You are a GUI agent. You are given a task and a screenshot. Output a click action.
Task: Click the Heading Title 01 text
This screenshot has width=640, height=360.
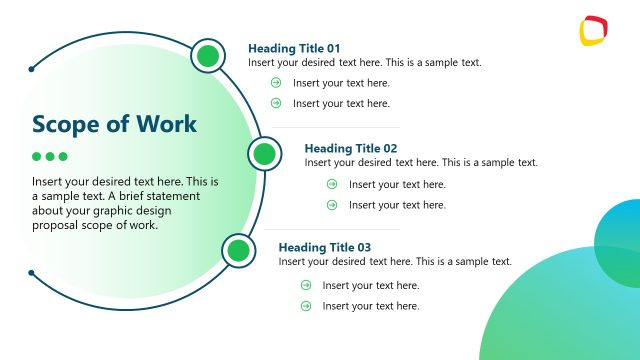click(x=294, y=48)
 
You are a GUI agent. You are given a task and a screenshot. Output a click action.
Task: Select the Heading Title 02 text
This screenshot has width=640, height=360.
click(x=350, y=148)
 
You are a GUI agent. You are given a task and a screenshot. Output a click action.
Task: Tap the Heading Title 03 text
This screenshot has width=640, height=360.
click(x=324, y=247)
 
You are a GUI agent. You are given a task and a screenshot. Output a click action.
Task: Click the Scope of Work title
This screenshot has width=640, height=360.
click(x=114, y=124)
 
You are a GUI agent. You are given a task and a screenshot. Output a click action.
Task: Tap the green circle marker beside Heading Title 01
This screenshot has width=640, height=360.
click(x=207, y=56)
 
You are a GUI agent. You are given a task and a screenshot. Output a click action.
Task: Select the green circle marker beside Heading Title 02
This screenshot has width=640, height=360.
click(x=264, y=154)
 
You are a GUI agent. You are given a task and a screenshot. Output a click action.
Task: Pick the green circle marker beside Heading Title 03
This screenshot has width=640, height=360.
click(x=238, y=250)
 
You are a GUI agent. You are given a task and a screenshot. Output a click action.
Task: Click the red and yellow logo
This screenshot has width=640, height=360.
click(x=594, y=30)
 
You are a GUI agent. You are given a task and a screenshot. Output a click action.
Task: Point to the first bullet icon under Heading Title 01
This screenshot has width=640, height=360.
click(x=276, y=83)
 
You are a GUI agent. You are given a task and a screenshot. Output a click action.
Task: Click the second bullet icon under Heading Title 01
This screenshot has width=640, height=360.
click(x=276, y=103)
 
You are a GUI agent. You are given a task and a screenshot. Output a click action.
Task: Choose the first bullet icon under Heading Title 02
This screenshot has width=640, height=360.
click(x=332, y=184)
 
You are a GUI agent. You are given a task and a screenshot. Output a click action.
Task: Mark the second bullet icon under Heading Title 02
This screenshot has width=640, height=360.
click(x=332, y=205)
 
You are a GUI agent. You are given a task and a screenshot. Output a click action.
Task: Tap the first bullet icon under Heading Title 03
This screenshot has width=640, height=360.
click(x=306, y=285)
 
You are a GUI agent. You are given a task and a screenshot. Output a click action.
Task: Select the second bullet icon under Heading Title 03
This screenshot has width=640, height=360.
click(x=306, y=305)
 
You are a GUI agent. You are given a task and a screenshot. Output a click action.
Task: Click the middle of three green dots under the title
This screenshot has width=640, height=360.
click(x=50, y=157)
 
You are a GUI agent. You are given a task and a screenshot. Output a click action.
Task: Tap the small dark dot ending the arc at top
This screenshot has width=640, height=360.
click(x=32, y=70)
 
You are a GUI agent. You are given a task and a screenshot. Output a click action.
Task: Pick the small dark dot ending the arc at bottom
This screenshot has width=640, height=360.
click(x=32, y=272)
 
